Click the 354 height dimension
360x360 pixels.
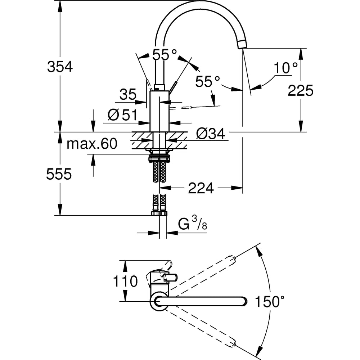[x=60, y=67]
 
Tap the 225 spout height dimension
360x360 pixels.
[x=301, y=91]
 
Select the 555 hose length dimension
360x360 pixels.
[x=59, y=175]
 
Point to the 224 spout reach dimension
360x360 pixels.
[x=201, y=188]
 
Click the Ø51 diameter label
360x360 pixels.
[x=122, y=115]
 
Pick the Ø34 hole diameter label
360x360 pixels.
[x=211, y=134]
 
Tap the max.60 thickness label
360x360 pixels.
[x=92, y=144]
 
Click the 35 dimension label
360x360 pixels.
[x=128, y=95]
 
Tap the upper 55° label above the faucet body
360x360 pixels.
[x=164, y=55]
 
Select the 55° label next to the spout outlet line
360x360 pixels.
[x=207, y=82]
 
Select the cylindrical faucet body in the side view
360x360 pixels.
[x=159, y=112]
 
